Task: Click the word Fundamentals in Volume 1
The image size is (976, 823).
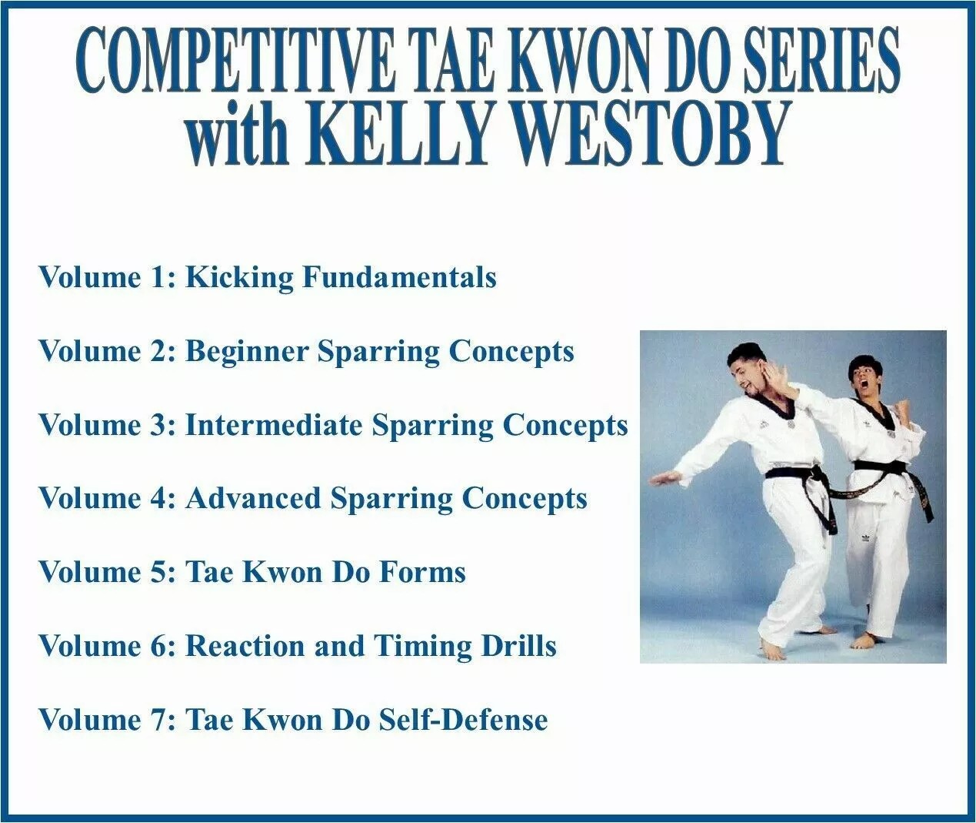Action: (399, 277)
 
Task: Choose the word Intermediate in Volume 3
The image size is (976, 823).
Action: (274, 425)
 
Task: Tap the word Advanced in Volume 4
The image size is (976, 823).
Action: (253, 498)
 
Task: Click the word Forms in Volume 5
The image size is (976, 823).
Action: (422, 572)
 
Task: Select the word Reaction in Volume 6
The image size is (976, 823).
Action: (245, 646)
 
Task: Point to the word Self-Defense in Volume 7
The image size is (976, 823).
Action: (463, 720)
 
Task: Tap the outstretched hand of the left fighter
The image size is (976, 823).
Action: (665, 479)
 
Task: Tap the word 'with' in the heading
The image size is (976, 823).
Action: (239, 135)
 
